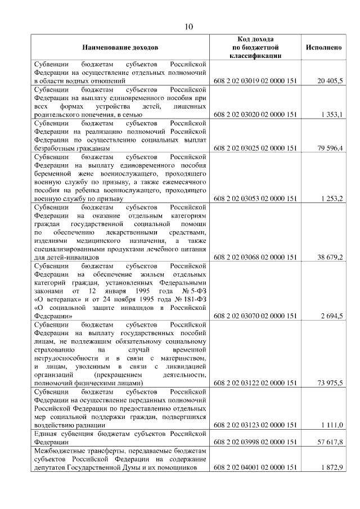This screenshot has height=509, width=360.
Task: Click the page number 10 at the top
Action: click(x=189, y=26)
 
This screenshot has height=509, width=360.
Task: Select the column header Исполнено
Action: click(x=323, y=47)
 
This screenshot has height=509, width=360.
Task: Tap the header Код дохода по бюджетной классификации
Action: click(x=255, y=47)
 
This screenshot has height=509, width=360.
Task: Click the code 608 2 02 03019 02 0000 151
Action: click(x=255, y=81)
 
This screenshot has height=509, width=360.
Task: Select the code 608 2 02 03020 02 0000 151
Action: click(x=255, y=115)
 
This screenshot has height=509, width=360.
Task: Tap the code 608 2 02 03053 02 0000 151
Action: click(x=255, y=199)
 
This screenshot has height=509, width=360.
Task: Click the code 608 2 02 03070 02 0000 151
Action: click(x=255, y=317)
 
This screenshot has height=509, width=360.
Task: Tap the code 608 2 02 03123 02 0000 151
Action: click(x=255, y=425)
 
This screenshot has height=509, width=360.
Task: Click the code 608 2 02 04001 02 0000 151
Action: click(x=255, y=467)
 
